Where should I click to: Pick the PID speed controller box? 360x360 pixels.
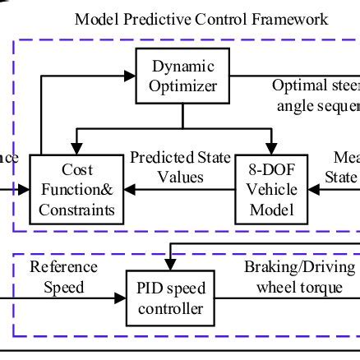tap(171, 298)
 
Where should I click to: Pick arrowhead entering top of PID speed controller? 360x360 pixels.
tap(171, 267)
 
